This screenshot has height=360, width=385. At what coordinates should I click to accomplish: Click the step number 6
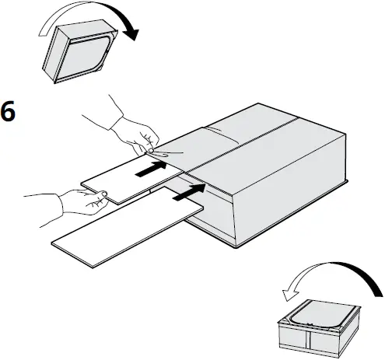[x=9, y=111]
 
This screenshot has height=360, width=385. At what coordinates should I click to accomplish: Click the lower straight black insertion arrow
[x=190, y=193]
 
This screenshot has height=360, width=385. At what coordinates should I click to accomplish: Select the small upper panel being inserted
[x=128, y=179]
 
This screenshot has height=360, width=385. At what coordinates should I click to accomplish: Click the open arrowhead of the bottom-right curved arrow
[x=289, y=291]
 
